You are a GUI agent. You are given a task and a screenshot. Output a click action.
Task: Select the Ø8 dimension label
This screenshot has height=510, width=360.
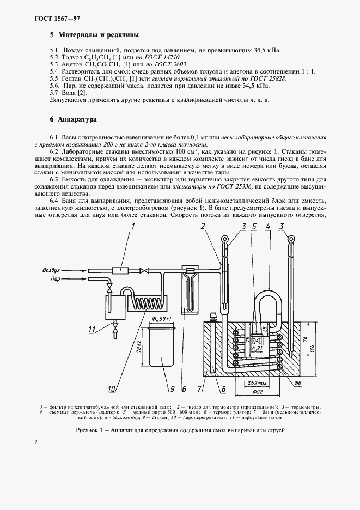pyautogui.click(x=297, y=384)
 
